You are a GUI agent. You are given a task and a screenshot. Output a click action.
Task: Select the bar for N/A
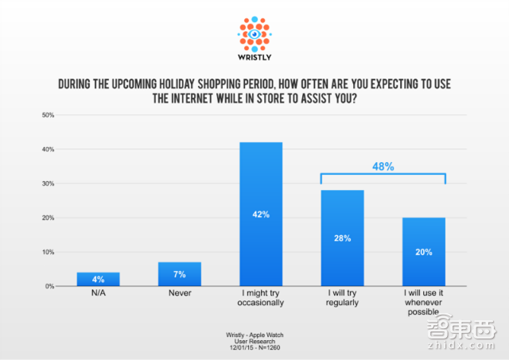pyautogui.click(x=99, y=279)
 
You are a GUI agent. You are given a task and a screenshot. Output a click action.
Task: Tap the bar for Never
pyautogui.click(x=180, y=274)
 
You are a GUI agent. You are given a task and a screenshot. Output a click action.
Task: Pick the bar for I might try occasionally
pyautogui.click(x=261, y=215)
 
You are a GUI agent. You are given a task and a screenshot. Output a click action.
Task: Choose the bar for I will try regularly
pyautogui.click(x=342, y=238)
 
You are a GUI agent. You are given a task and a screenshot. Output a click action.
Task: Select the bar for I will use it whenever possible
pyautogui.click(x=424, y=252)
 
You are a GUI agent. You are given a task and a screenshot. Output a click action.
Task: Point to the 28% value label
pyautogui.click(x=342, y=237)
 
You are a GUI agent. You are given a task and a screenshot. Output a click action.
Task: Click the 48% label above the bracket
pyautogui.click(x=383, y=168)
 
